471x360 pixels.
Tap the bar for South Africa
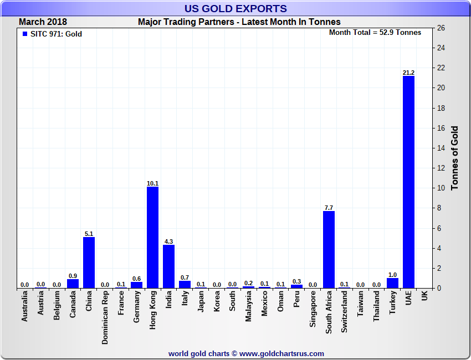pyautogui.click(x=329, y=249)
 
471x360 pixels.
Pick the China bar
pyautogui.click(x=89, y=263)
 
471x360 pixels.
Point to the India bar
pyautogui.click(x=168, y=266)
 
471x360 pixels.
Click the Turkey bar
pyautogui.click(x=392, y=283)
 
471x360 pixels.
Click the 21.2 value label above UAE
pyautogui.click(x=408, y=72)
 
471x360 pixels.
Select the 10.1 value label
pyautogui.click(x=152, y=183)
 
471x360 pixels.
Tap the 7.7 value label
pyautogui.click(x=329, y=208)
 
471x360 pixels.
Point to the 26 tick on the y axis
pyautogui.click(x=441, y=28)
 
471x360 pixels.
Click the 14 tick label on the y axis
pyautogui.click(x=441, y=148)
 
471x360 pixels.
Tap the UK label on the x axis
pyautogui.click(x=424, y=297)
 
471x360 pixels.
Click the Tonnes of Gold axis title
pyautogui.click(x=455, y=158)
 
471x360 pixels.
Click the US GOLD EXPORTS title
pyautogui.click(x=235, y=8)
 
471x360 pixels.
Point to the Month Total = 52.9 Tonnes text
pyautogui.click(x=375, y=32)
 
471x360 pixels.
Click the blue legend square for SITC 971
pyautogui.click(x=24, y=34)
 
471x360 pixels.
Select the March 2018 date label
pyautogui.click(x=43, y=22)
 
